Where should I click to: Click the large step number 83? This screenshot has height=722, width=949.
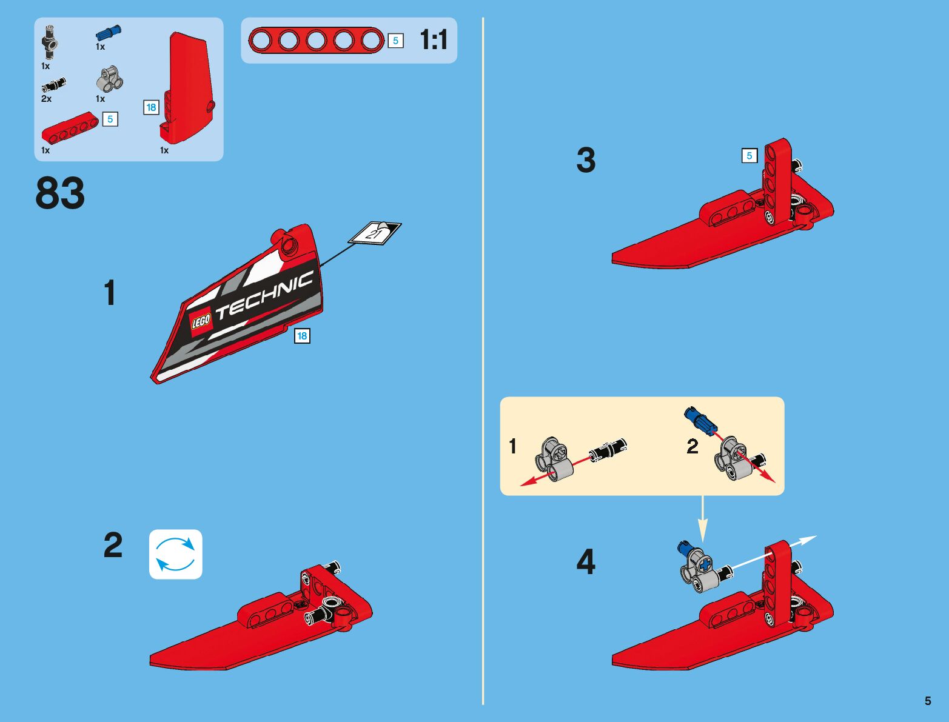(60, 194)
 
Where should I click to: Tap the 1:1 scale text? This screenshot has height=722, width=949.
(434, 40)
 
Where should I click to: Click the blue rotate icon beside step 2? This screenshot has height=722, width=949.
(175, 554)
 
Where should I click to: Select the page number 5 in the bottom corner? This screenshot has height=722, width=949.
(928, 701)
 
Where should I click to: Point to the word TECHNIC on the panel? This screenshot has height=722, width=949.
(265, 295)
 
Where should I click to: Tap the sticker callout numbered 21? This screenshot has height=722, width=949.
(375, 233)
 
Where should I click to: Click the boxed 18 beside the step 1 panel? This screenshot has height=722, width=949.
(301, 335)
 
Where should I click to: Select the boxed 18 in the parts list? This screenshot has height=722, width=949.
(151, 107)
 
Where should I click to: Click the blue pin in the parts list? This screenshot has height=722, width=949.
(109, 33)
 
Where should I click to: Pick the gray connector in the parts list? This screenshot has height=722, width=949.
(110, 79)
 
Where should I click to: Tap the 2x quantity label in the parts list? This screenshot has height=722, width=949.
(46, 99)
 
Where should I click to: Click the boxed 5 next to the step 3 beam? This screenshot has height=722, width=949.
(749, 156)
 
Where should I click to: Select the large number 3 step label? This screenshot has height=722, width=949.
(586, 161)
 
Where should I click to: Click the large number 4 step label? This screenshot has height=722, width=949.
(586, 562)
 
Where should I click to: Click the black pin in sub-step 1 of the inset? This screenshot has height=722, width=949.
(608, 449)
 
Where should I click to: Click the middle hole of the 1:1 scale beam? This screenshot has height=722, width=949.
(316, 41)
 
